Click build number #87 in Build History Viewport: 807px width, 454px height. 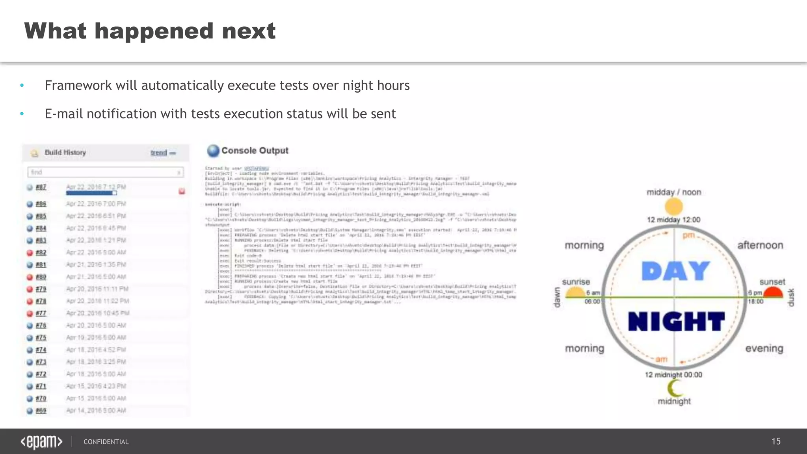click(x=41, y=187)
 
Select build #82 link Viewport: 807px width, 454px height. click(x=41, y=253)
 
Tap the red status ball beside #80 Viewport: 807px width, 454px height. click(x=30, y=277)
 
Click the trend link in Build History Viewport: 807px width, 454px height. click(x=159, y=153)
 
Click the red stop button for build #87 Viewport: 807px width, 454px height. click(x=182, y=191)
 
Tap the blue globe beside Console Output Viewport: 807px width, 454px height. click(x=213, y=151)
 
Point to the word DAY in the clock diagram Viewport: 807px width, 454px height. click(x=675, y=271)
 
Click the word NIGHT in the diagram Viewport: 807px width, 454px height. click(x=676, y=321)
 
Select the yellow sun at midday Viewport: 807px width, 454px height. click(x=674, y=206)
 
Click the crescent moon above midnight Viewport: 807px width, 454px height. click(x=675, y=388)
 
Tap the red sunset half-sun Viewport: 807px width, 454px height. click(x=773, y=292)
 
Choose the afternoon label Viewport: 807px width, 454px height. click(x=760, y=245)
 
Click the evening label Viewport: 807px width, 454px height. click(x=764, y=348)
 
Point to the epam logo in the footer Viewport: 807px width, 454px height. click(x=41, y=442)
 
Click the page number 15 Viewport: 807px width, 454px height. click(x=776, y=441)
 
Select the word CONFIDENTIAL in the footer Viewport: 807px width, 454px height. click(x=106, y=442)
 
